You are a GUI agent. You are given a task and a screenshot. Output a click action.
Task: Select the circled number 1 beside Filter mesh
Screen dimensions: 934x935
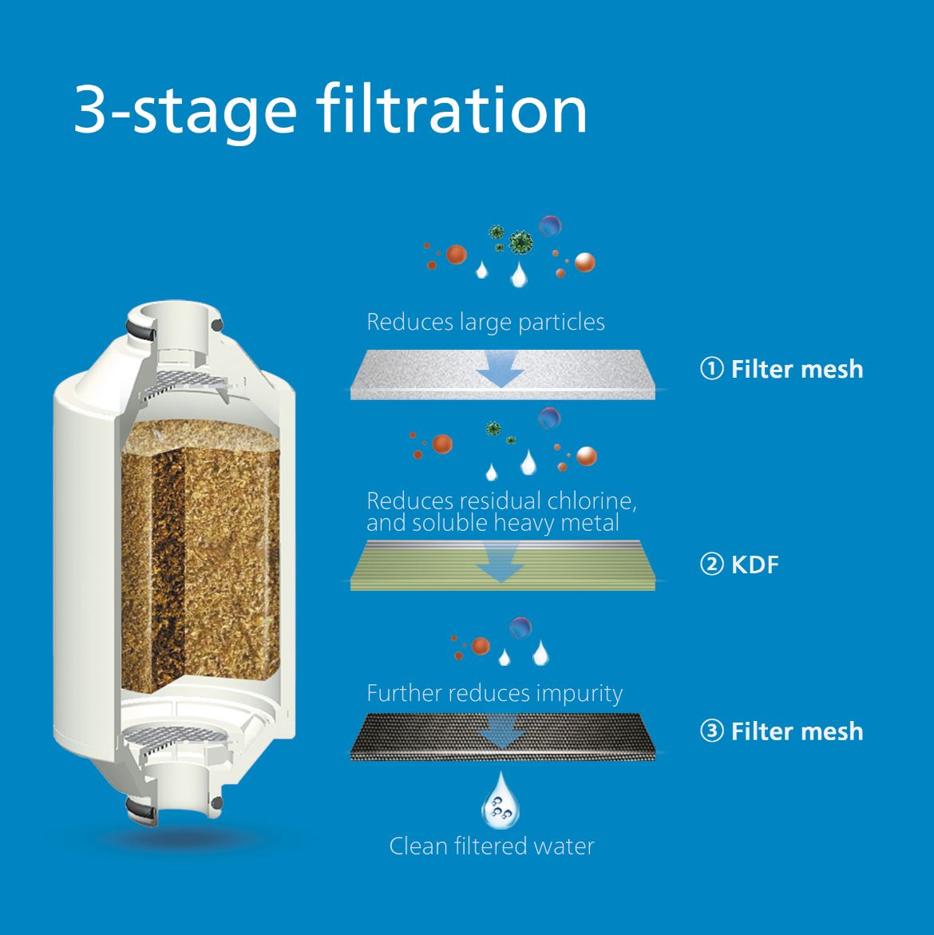click(x=711, y=369)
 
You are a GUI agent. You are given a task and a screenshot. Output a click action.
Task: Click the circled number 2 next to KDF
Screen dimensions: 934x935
click(x=711, y=564)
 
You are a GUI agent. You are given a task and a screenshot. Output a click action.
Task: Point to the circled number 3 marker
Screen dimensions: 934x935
click(x=711, y=731)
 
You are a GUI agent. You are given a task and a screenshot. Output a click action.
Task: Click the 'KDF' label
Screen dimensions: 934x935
click(x=755, y=565)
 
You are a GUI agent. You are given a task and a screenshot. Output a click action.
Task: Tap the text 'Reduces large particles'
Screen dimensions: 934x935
click(x=486, y=323)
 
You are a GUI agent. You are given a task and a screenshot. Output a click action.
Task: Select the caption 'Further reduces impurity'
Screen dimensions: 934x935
click(x=495, y=694)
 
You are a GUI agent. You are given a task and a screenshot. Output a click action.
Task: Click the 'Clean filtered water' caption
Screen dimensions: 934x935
click(x=492, y=846)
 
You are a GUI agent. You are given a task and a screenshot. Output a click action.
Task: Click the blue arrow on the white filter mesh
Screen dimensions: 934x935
click(x=501, y=369)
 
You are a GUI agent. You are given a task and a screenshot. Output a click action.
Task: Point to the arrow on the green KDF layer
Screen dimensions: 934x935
click(x=501, y=564)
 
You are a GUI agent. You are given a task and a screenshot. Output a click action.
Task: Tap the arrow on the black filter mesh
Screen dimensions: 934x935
click(x=501, y=731)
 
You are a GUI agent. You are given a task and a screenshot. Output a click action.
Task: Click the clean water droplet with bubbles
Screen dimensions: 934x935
click(x=501, y=801)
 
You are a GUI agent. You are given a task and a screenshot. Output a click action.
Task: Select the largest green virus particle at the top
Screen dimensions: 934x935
click(x=521, y=242)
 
